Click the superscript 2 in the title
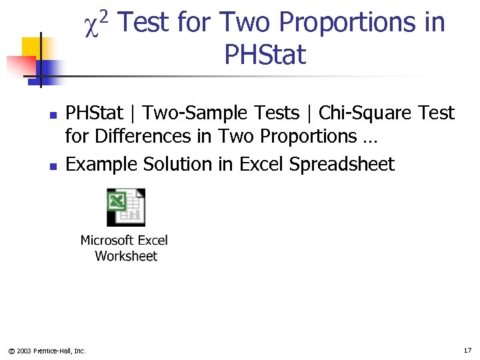coord(108,15)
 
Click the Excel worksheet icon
coord(125,207)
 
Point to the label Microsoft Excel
coord(124,240)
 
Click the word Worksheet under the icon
coord(126,256)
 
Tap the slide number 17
coord(467,350)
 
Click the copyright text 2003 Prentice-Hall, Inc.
coord(51,351)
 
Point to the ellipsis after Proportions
coord(370,139)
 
